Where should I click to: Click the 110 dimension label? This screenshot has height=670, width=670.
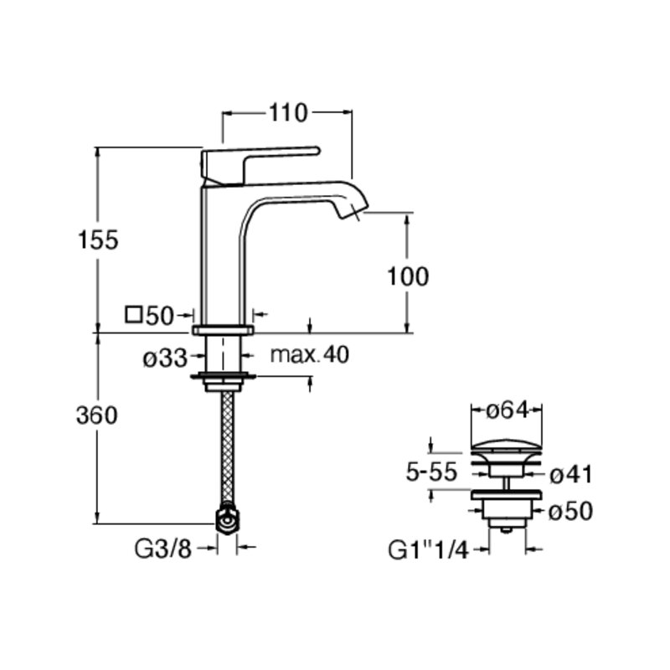pyautogui.click(x=288, y=113)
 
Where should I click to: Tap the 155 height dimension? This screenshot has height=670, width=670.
pyautogui.click(x=98, y=240)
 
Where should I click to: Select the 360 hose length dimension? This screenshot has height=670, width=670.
pyautogui.click(x=97, y=415)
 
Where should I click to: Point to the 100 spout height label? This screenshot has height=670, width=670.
pyautogui.click(x=408, y=276)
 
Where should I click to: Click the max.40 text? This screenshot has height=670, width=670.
pyautogui.click(x=310, y=354)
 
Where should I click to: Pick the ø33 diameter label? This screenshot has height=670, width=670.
pyautogui.click(x=165, y=358)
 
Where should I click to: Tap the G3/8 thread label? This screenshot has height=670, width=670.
pyautogui.click(x=163, y=549)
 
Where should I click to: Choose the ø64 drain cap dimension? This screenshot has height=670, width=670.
pyautogui.click(x=508, y=410)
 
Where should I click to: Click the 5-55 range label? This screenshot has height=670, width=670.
pyautogui.click(x=431, y=472)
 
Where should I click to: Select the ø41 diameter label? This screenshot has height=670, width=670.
pyautogui.click(x=571, y=474)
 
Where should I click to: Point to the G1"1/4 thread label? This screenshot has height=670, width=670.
pyautogui.click(x=428, y=550)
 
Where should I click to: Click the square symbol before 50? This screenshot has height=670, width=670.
pyautogui.click(x=134, y=315)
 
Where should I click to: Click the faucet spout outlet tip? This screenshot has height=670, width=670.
pyautogui.click(x=355, y=213)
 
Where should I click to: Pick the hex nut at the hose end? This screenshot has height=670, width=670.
pyautogui.click(x=228, y=519)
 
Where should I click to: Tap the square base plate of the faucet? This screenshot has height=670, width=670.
pyautogui.click(x=223, y=329)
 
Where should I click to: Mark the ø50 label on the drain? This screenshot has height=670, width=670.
pyautogui.click(x=571, y=510)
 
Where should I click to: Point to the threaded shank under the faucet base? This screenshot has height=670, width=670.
pyautogui.click(x=223, y=353)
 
